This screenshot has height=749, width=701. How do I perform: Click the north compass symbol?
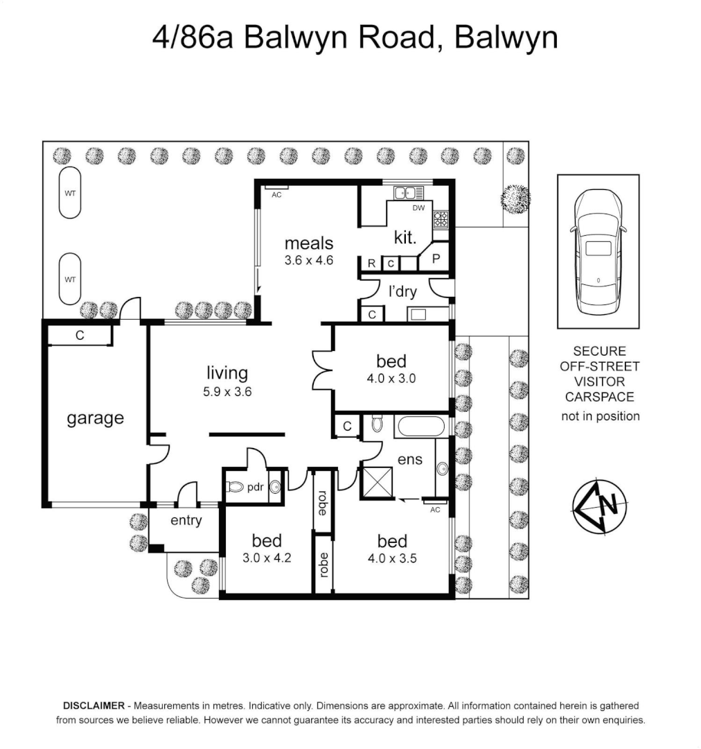600,506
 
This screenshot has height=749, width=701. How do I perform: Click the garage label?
95,418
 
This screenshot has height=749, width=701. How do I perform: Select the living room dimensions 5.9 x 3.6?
227,391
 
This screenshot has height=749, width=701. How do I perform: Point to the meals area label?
309,243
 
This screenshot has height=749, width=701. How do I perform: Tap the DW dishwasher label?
418,208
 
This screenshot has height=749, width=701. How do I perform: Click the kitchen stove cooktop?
441,221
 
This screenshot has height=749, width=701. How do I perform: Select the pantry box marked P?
436,259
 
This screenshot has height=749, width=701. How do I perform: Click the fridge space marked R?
371,264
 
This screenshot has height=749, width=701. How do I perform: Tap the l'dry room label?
402,291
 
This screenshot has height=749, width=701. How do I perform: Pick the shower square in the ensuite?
375,483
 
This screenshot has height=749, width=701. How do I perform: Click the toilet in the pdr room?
236,488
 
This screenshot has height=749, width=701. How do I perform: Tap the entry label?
186,520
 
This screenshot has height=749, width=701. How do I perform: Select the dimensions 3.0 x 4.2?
267,556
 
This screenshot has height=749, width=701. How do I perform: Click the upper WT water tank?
70,193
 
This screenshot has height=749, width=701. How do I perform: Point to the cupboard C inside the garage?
80,336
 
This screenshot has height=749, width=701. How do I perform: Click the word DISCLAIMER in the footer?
94,705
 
